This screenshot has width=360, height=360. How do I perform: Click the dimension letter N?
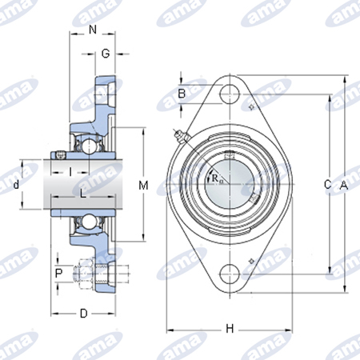[93, 30]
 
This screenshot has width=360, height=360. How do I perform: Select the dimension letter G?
[106, 54]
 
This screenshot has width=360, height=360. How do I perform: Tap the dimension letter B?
[182, 94]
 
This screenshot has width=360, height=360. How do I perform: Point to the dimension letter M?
[143, 186]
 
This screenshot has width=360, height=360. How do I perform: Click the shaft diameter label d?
[17, 184]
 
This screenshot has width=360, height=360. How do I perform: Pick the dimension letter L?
[83, 194]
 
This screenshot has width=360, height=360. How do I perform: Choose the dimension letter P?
[58, 273]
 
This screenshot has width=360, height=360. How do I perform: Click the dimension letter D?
[84, 314]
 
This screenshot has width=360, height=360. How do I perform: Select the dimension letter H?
[230, 329]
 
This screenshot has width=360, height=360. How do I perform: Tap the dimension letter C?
[328, 184]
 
